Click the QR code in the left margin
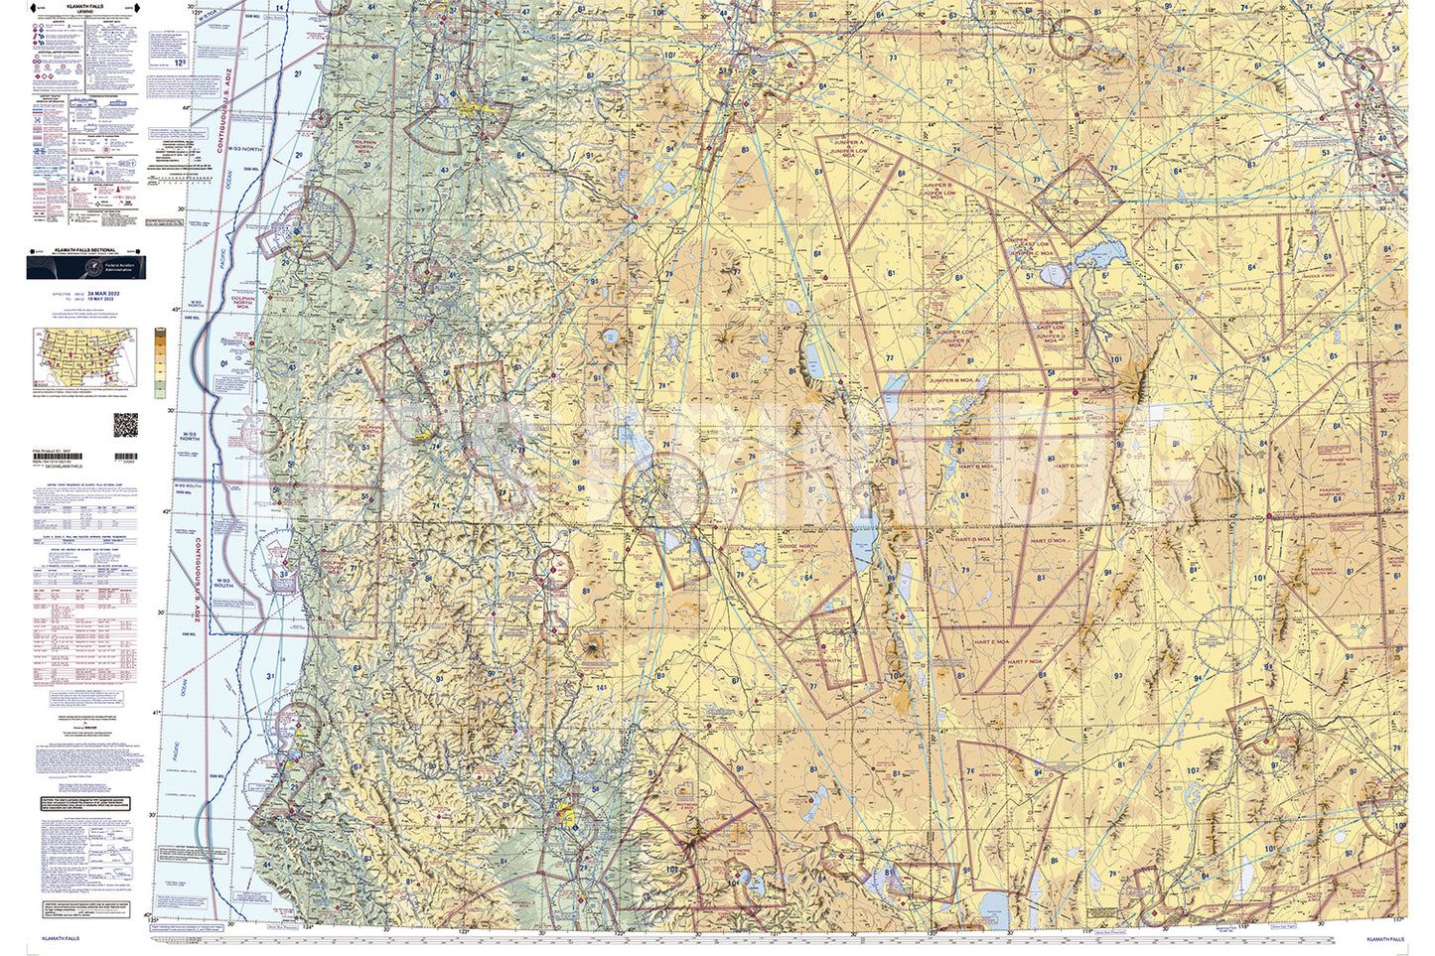pyautogui.click(x=125, y=424)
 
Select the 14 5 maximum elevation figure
pyautogui.click(x=601, y=687)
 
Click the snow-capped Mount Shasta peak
pyautogui.click(x=595, y=647)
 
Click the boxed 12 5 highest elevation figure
pyautogui.click(x=179, y=62)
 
